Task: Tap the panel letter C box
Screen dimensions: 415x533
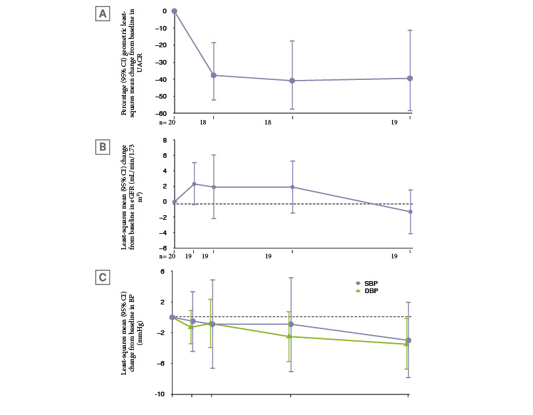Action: (x=103, y=276)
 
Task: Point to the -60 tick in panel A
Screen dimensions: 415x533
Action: (x=162, y=114)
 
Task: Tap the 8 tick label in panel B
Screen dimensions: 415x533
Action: (x=164, y=140)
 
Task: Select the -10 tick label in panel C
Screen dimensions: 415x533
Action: (x=161, y=394)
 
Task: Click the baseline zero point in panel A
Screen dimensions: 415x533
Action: (x=174, y=11)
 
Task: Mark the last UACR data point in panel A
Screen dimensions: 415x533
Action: (x=410, y=79)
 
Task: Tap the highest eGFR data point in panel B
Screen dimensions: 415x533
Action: (x=194, y=184)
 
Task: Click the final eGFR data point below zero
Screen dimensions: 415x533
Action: (x=410, y=212)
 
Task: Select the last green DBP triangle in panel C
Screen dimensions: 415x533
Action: (x=406, y=344)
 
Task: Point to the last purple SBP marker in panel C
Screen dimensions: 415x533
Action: (x=408, y=340)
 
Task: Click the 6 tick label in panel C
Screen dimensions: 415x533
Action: (x=161, y=272)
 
